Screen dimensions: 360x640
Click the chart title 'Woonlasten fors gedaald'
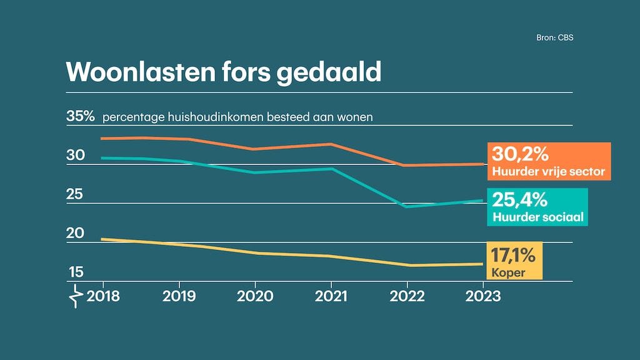tap(223, 72)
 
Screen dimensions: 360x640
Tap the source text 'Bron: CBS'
tap(554, 37)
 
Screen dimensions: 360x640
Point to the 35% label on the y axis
tap(81, 116)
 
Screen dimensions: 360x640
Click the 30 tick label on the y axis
tap(76, 155)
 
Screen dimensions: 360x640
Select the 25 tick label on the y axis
tap(76, 194)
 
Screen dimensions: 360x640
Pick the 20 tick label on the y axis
tap(76, 233)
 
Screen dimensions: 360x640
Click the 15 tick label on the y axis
tap(76, 272)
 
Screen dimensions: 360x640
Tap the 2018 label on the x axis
tap(103, 296)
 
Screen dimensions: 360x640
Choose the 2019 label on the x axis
tap(179, 296)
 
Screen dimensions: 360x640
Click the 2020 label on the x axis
tap(255, 296)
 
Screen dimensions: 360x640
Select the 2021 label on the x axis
tap(331, 296)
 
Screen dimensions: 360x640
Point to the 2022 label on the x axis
tap(407, 296)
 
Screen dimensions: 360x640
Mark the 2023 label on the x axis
tap(482, 296)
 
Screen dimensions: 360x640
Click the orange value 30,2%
tap(520, 154)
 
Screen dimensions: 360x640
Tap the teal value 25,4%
tap(520, 200)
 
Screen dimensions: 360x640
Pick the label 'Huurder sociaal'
tap(537, 217)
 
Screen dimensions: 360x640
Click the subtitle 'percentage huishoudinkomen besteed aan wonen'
tap(237, 117)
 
